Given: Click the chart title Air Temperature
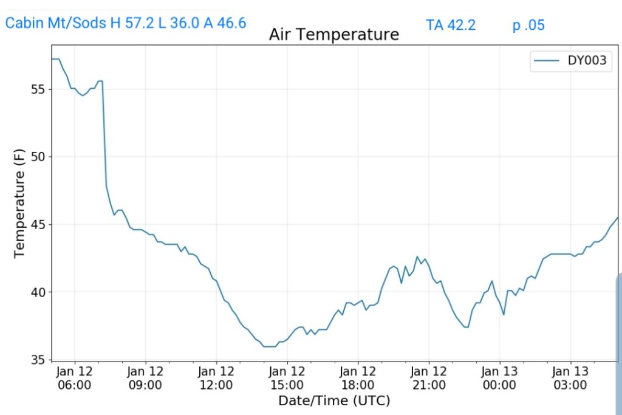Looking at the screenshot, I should click(x=333, y=35).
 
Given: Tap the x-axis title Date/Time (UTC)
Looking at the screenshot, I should click(x=333, y=400).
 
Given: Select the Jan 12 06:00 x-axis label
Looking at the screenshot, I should click(x=75, y=377).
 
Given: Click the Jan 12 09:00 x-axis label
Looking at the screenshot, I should click(x=146, y=377).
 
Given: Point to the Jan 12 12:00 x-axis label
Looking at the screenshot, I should click(x=216, y=377).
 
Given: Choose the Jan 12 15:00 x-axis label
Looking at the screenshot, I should click(x=287, y=377).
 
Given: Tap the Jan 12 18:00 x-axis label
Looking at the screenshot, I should click(x=358, y=377).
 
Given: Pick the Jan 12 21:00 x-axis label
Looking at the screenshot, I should click(x=429, y=377).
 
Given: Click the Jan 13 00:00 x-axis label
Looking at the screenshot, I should click(x=499, y=377).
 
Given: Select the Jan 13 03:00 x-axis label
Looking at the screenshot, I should click(x=570, y=377).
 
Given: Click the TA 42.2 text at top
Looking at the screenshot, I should click(x=451, y=25).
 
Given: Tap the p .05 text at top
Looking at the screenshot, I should click(x=528, y=25).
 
